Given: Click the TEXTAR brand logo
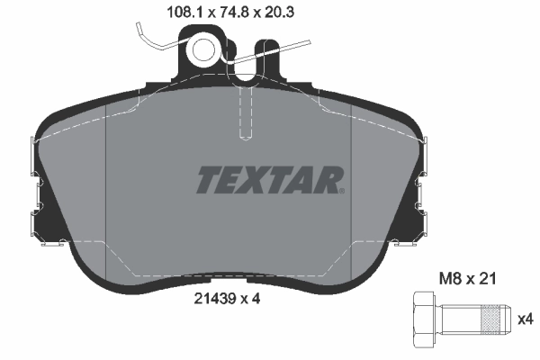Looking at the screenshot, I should click(x=268, y=180).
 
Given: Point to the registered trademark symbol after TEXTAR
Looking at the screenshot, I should click(x=341, y=190).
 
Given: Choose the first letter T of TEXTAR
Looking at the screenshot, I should click(x=208, y=180).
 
